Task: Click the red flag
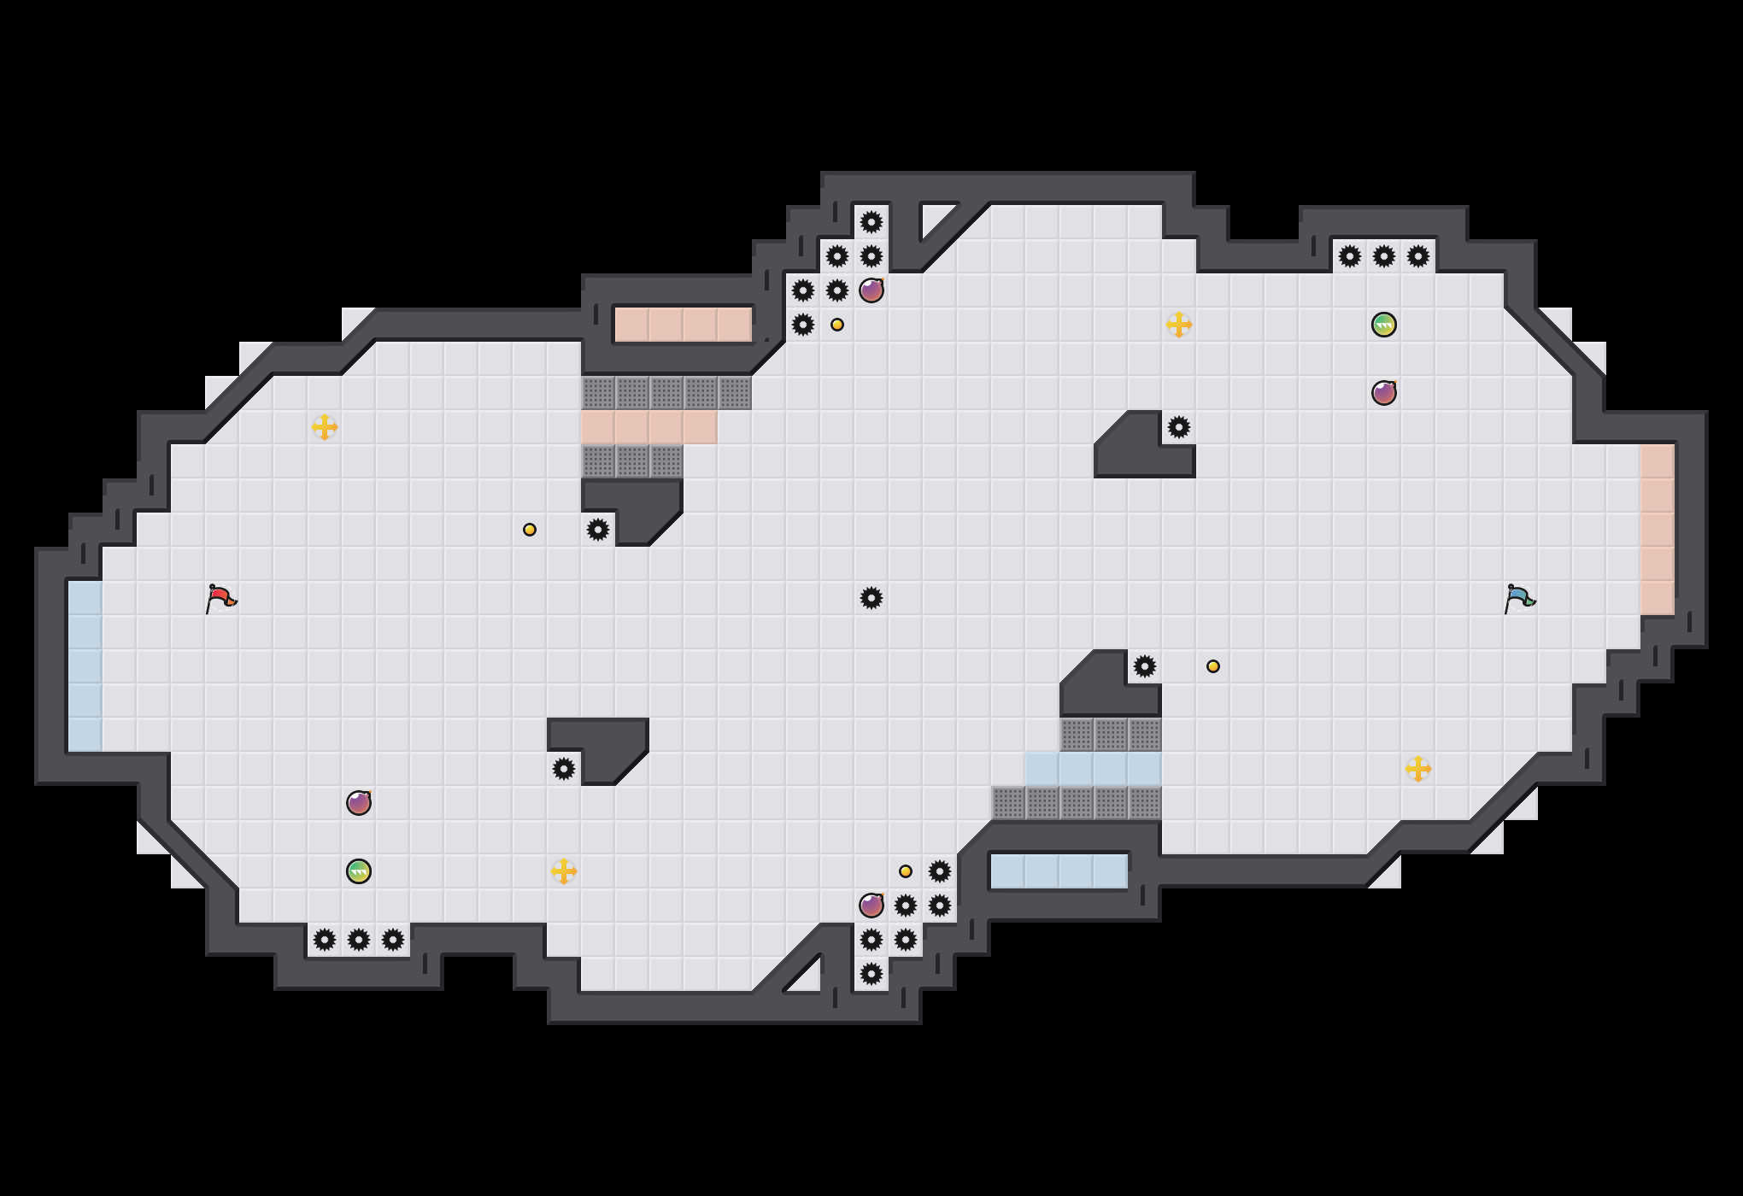tap(220, 598)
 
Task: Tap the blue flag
tap(1519, 598)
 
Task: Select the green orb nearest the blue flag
tap(1384, 325)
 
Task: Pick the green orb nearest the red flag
tap(359, 871)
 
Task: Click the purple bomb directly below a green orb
tap(1384, 393)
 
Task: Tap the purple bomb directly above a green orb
tap(359, 803)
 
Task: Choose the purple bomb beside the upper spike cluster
tap(871, 290)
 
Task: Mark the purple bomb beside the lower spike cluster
tap(871, 906)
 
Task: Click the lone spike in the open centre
tap(871, 598)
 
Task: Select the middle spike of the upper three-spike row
tap(1384, 256)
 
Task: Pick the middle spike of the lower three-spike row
tap(359, 940)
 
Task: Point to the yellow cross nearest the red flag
tap(325, 427)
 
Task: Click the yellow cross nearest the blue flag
tap(1418, 769)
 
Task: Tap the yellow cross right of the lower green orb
tap(564, 871)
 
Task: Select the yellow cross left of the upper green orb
tap(1179, 325)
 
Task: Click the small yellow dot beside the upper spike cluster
tap(837, 325)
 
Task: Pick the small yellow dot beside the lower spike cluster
tap(906, 871)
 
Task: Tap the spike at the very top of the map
tap(871, 222)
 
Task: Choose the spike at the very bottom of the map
tap(871, 974)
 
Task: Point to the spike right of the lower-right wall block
tap(1145, 666)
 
